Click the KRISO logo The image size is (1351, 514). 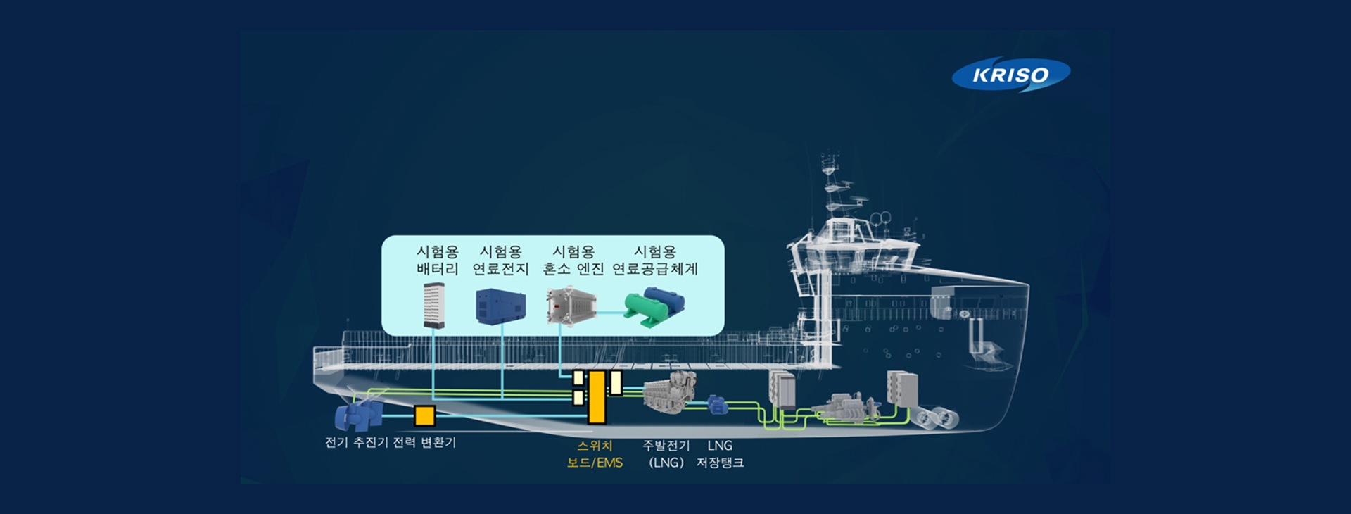(1011, 75)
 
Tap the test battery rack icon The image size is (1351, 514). (434, 306)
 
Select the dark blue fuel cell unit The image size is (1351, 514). (500, 306)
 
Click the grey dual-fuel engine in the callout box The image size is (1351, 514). (571, 306)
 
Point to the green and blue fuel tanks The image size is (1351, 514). (654, 307)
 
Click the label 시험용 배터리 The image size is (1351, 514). (437, 260)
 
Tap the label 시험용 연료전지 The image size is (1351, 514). (500, 260)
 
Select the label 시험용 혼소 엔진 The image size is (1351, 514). (573, 260)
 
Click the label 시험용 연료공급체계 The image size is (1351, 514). (655, 260)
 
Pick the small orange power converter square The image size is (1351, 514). (424, 415)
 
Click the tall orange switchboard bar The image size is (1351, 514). (597, 397)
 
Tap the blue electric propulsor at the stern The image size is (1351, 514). (359, 416)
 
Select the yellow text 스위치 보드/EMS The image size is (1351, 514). (595, 454)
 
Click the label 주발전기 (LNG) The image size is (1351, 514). (666, 454)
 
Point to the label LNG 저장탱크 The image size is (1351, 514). (720, 454)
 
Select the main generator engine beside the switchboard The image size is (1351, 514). (669, 393)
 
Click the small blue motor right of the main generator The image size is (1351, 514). (717, 405)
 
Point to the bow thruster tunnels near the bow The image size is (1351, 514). (936, 418)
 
